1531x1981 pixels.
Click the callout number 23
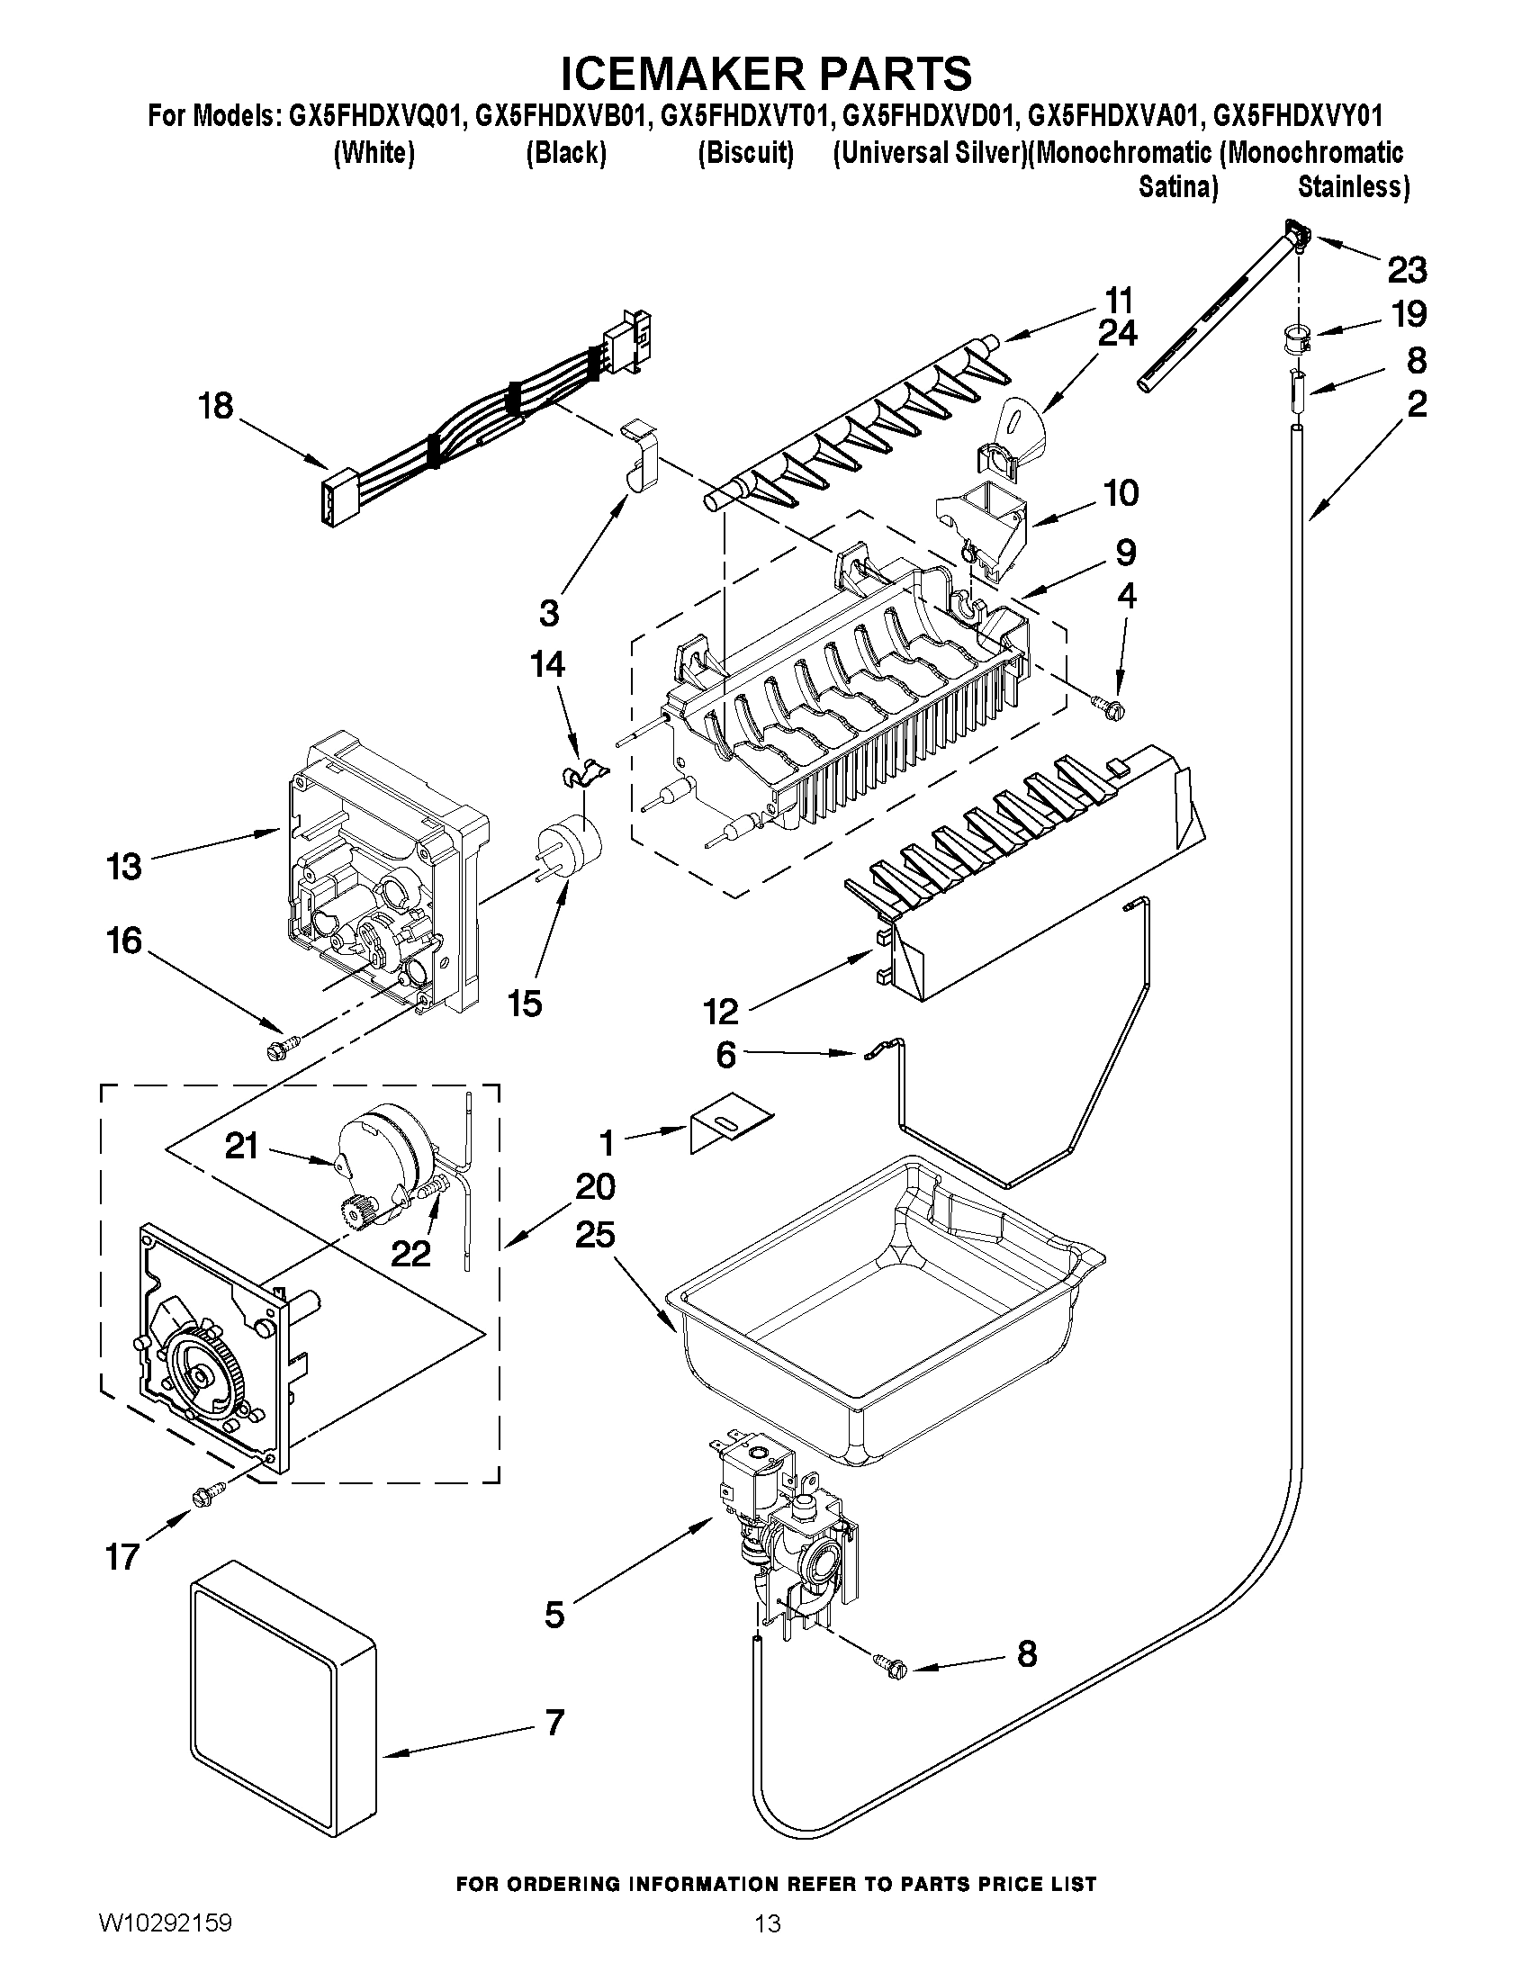click(1407, 269)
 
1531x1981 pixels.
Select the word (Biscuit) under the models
click(745, 153)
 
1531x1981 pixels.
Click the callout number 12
click(721, 1010)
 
